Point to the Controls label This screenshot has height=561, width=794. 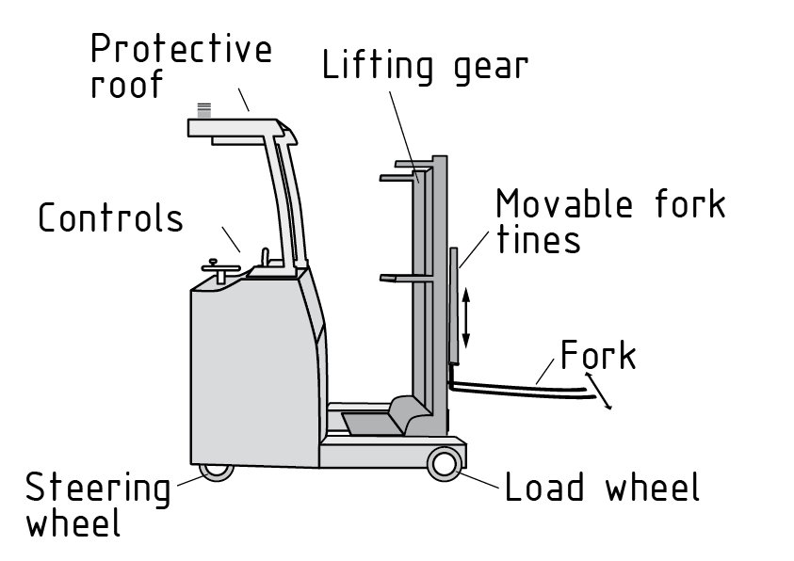click(x=110, y=218)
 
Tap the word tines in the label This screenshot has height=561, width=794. click(x=538, y=240)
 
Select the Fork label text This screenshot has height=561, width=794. click(x=598, y=357)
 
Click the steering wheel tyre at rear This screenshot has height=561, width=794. click(x=218, y=470)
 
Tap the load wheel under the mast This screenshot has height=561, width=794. click(x=445, y=464)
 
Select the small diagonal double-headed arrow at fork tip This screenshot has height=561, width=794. click(x=600, y=391)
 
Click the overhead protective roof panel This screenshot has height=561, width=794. click(x=235, y=129)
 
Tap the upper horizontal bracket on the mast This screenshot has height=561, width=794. click(x=400, y=176)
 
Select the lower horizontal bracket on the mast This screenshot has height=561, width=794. click(x=400, y=278)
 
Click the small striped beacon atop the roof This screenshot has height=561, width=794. click(x=204, y=109)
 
